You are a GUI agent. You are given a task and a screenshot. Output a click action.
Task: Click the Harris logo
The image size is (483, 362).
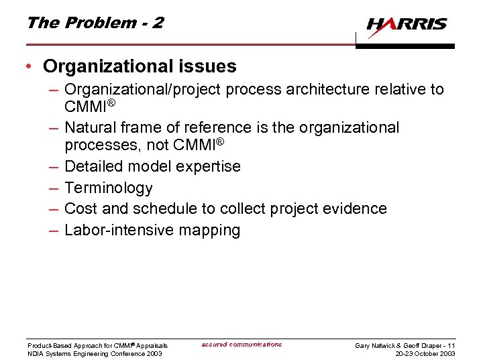[x=407, y=25]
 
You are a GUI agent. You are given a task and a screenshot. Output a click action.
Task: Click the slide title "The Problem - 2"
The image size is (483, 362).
[x=95, y=22]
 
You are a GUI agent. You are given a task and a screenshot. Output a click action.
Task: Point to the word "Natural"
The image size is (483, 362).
[x=90, y=127]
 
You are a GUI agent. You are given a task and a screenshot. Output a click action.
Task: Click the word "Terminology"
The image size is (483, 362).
[x=109, y=188]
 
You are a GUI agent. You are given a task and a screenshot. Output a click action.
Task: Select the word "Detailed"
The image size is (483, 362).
[x=94, y=166]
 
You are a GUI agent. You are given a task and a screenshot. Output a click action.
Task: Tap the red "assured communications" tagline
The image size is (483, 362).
[x=241, y=345]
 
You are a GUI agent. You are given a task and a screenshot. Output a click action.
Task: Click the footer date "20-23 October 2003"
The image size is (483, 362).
[x=425, y=353]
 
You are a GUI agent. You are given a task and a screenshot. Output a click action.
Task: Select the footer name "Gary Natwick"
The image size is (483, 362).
[x=376, y=345]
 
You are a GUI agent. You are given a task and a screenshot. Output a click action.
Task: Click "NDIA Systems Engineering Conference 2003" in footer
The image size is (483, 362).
[x=95, y=353]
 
